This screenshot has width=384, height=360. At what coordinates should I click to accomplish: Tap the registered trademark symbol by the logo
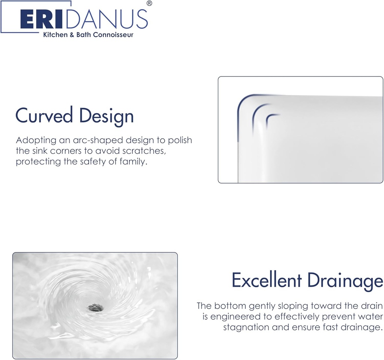(x=149, y=3)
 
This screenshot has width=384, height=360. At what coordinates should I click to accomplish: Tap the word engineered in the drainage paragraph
(x=235, y=316)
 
